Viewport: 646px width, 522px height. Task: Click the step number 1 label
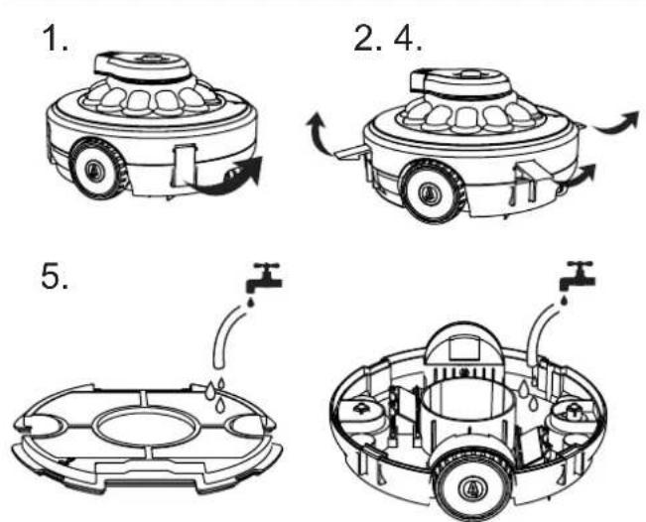click(x=55, y=38)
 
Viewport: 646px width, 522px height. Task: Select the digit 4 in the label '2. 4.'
click(x=408, y=39)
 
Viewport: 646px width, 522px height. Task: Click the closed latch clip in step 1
click(x=184, y=166)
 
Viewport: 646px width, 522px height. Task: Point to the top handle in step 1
click(x=141, y=65)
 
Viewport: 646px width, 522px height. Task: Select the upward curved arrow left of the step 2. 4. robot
click(x=317, y=133)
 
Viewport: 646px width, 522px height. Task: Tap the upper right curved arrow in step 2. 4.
click(x=618, y=122)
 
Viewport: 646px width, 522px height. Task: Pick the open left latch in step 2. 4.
click(x=350, y=153)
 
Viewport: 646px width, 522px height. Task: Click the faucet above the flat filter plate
click(x=264, y=277)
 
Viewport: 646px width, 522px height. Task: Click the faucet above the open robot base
click(x=577, y=275)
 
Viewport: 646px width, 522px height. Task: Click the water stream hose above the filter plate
click(x=226, y=335)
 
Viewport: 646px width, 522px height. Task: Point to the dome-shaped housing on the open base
click(x=463, y=345)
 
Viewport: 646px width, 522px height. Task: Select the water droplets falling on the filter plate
click(x=216, y=393)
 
